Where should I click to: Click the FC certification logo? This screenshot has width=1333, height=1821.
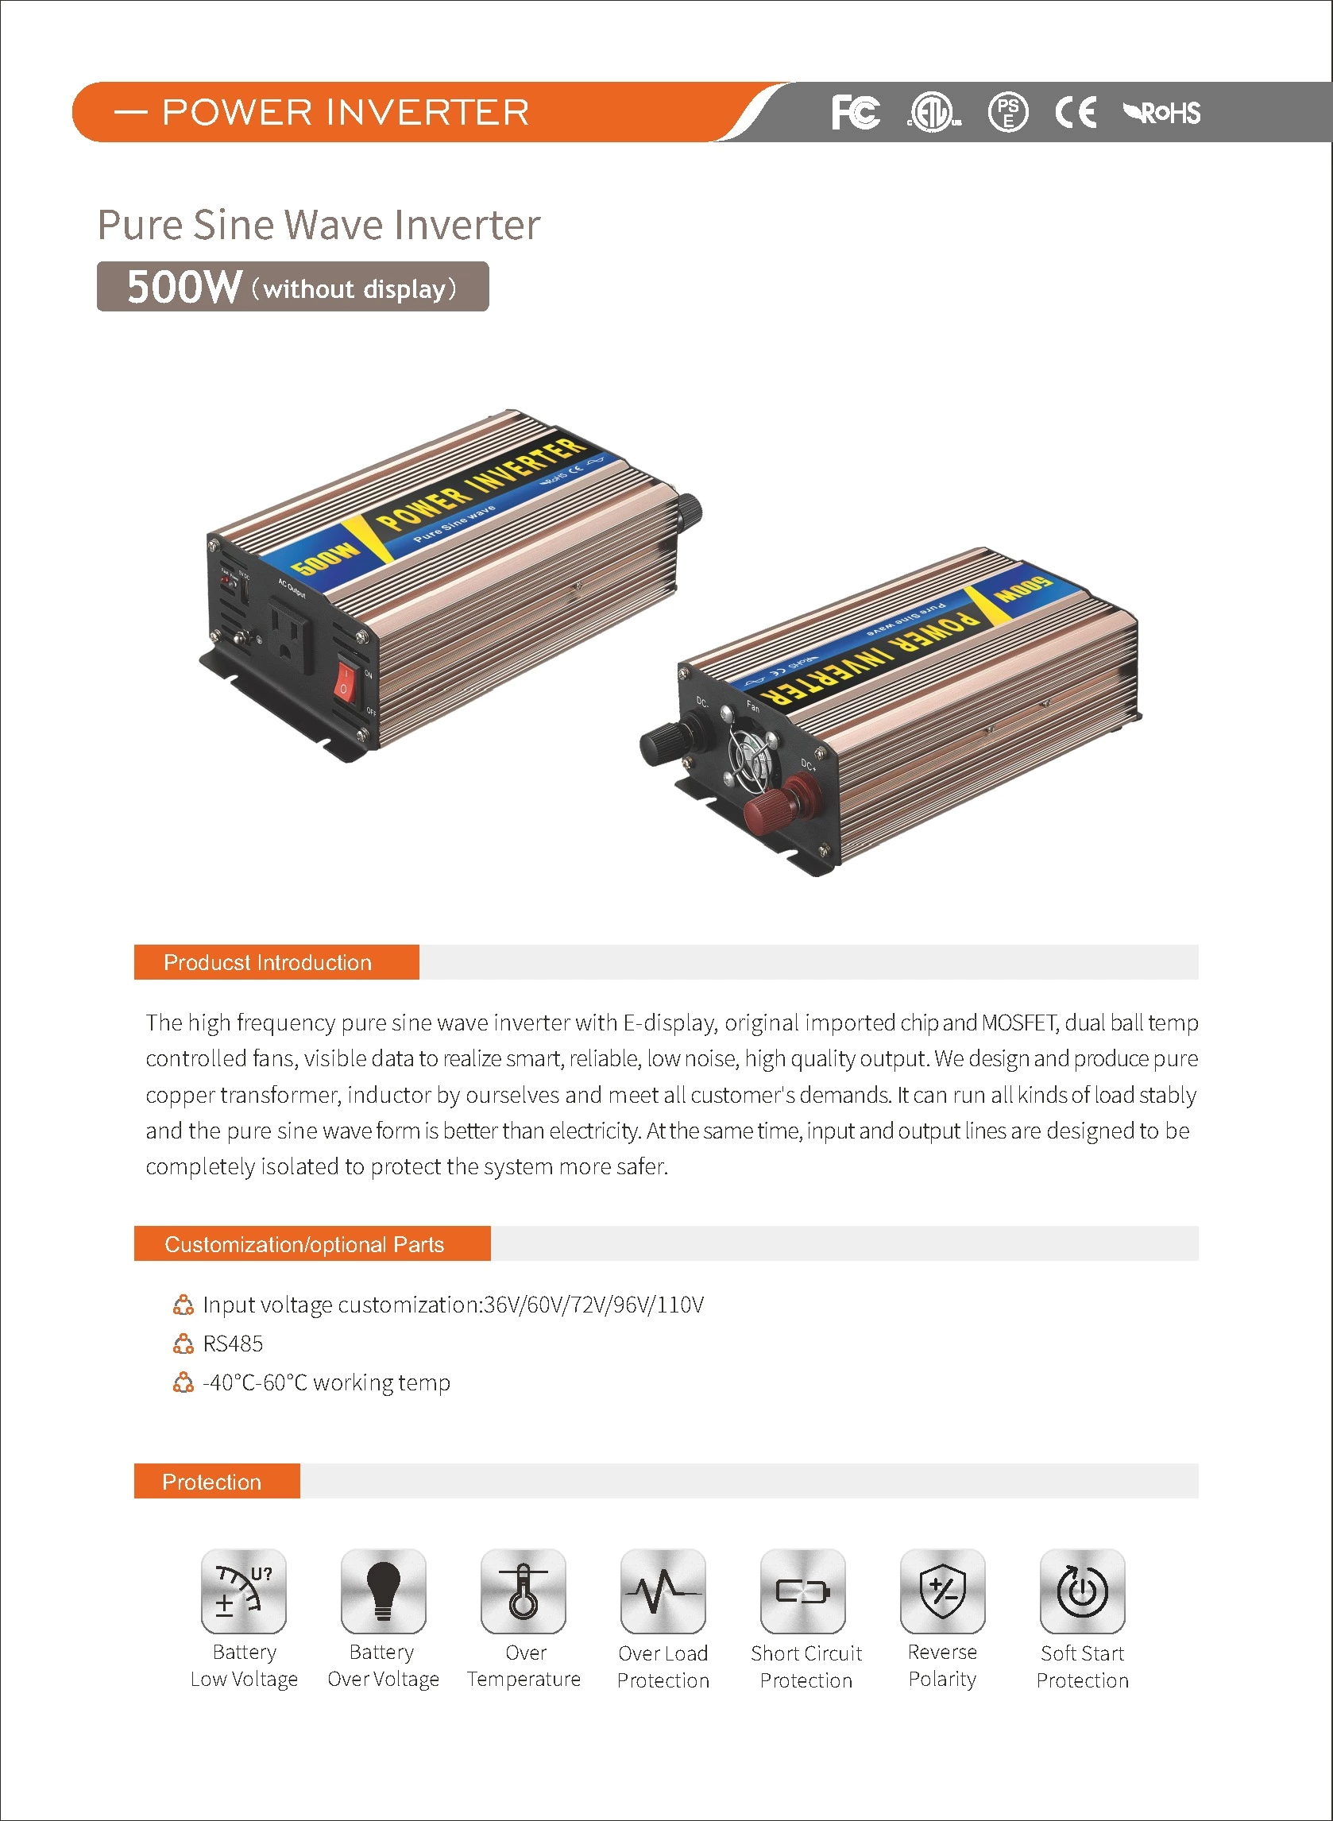(856, 112)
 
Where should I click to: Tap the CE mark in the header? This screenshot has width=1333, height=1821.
(1076, 112)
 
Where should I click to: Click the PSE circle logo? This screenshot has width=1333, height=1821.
(1008, 112)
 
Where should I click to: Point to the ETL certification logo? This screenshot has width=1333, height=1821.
(933, 112)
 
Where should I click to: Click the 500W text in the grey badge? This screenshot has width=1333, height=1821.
(184, 287)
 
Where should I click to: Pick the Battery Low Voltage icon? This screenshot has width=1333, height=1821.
(244, 1591)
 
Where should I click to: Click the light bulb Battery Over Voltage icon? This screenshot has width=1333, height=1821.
(383, 1591)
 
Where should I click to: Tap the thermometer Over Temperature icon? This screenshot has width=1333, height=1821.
(523, 1591)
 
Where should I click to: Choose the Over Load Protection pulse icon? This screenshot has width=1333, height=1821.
(663, 1591)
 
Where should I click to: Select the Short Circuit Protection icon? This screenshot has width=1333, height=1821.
(803, 1591)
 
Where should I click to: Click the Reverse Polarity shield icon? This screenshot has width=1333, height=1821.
(942, 1591)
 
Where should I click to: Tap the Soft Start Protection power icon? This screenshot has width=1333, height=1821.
(1082, 1591)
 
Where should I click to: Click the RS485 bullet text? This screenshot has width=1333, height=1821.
(233, 1344)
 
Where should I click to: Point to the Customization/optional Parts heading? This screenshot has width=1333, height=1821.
(304, 1244)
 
